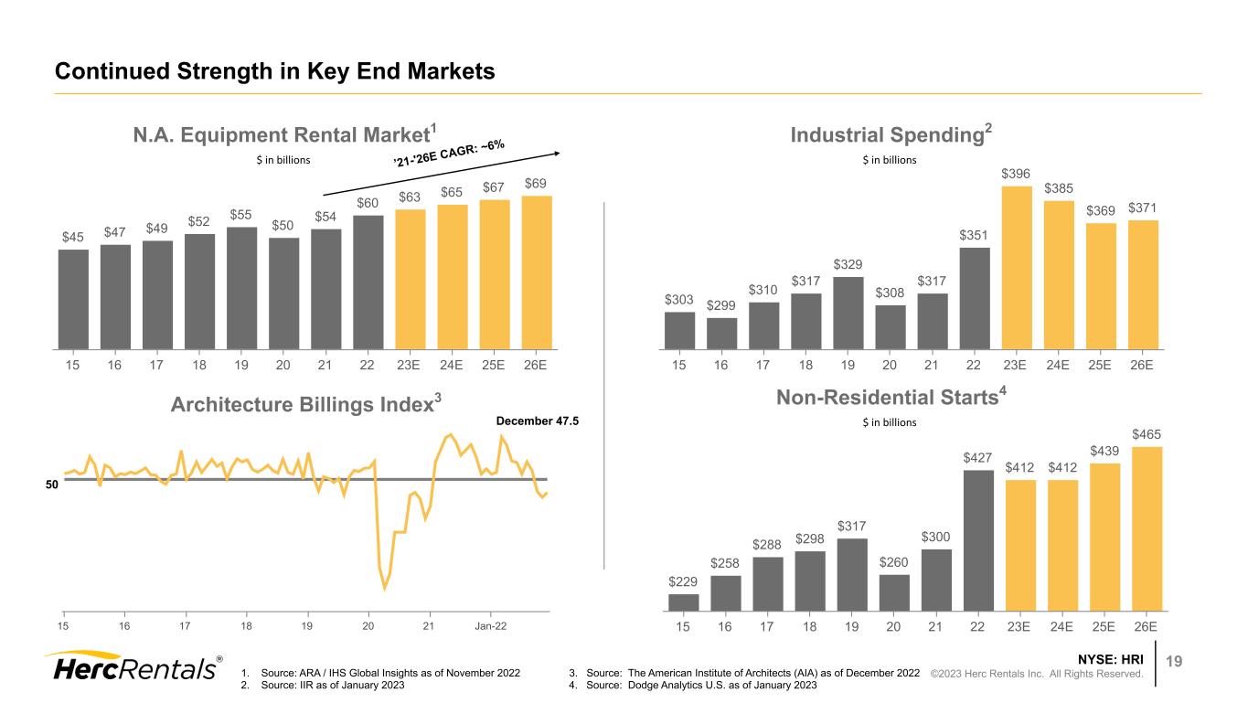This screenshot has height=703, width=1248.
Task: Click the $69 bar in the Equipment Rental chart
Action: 537,272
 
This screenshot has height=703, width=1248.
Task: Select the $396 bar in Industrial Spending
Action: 1017,268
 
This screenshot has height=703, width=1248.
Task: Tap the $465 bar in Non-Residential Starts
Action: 1144,527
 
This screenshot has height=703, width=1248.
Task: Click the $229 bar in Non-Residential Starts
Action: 684,602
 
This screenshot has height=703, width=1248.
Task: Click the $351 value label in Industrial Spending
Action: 975,236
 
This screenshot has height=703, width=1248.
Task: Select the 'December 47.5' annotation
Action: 539,421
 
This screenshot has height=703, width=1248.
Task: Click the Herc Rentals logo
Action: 133,666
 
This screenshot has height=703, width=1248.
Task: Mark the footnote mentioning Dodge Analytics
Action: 691,687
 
